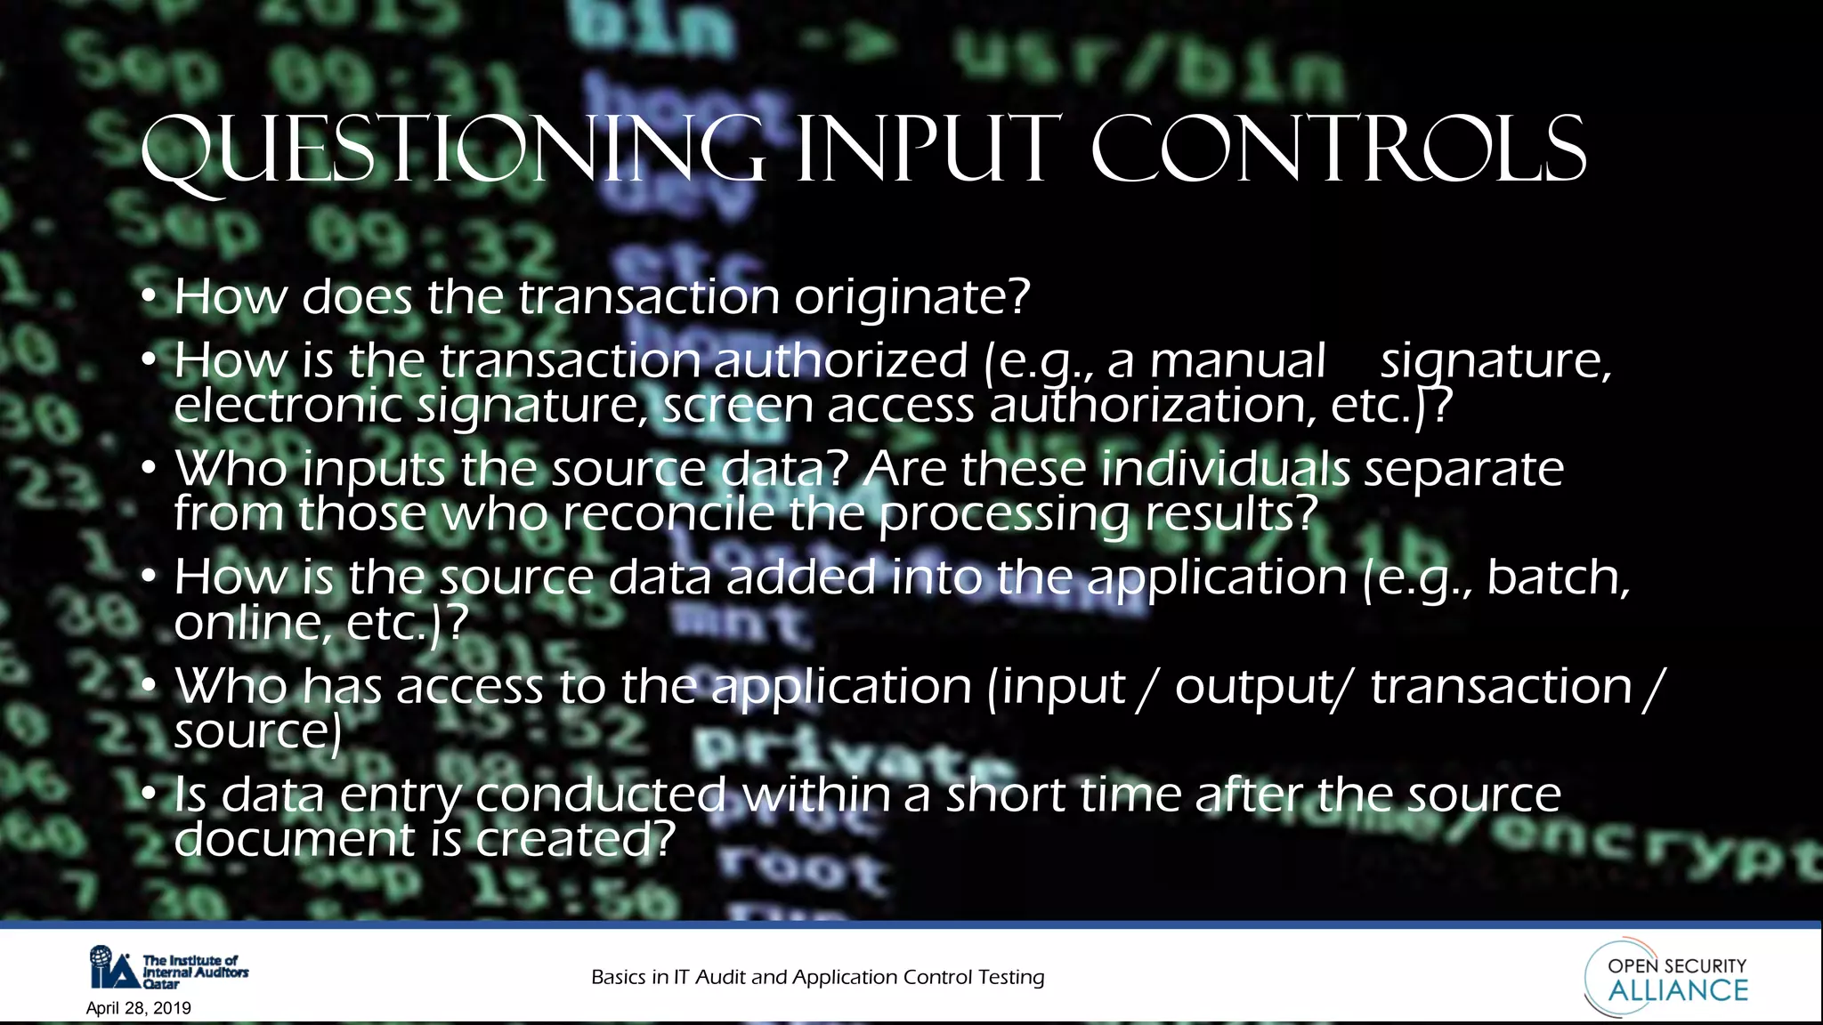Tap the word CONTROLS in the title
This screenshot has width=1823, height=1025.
[1338, 149]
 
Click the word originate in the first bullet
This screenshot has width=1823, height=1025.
[911, 297]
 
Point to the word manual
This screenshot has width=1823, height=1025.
[1237, 361]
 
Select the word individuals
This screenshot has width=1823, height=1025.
[1226, 469]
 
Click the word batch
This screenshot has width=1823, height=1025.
[1558, 577]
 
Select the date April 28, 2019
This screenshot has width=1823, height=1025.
[139, 1008]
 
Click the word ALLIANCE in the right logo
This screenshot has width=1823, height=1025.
[1678, 990]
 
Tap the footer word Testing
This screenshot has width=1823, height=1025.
[1011, 977]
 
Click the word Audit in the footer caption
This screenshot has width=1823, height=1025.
[720, 977]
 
